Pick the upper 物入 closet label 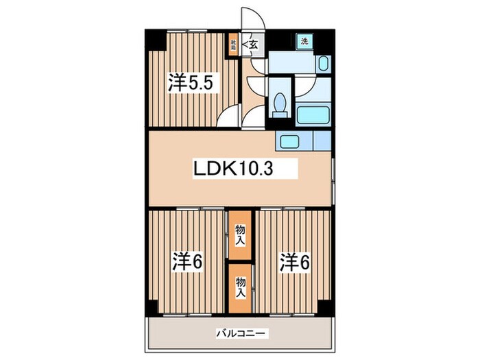(240, 235)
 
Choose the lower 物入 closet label (240, 286)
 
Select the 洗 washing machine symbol (304, 41)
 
